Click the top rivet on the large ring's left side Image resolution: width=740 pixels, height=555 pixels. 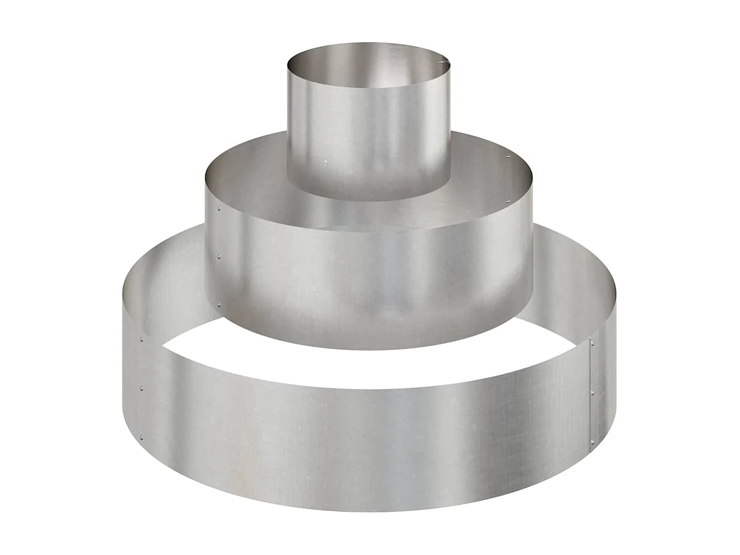tap(141, 339)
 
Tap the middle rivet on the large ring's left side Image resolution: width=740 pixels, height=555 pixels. tap(141, 387)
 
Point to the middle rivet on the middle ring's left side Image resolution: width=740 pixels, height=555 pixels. tap(219, 257)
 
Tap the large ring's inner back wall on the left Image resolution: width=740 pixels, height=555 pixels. tap(170, 270)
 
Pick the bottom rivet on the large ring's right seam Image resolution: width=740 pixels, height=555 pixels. tap(593, 440)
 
